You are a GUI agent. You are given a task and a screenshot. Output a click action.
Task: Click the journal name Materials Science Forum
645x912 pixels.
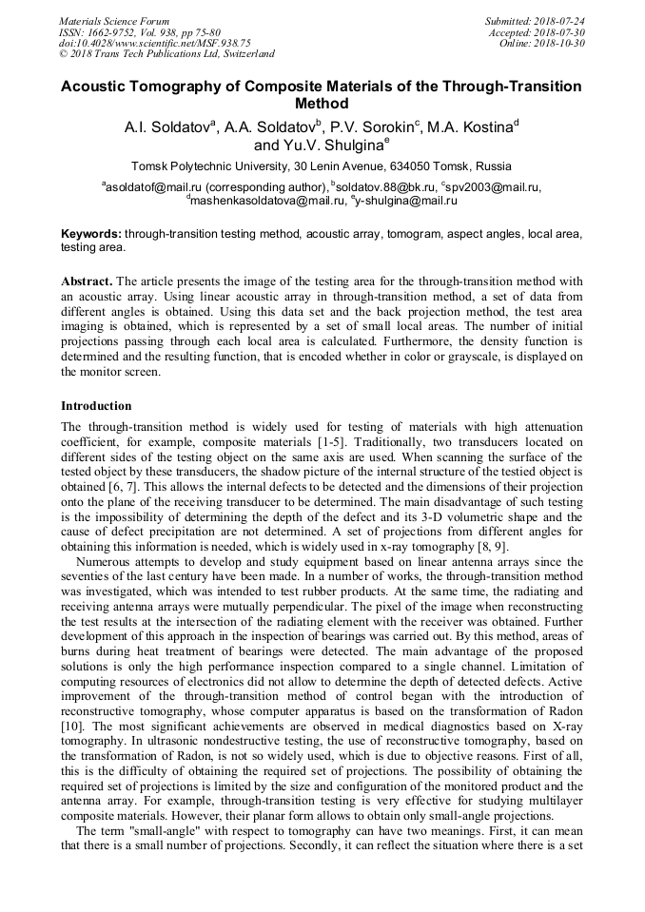pyautogui.click(x=114, y=20)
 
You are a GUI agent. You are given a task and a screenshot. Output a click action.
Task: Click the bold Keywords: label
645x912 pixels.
pyautogui.click(x=91, y=233)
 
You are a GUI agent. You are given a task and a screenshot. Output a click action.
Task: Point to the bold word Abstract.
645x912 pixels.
pyautogui.click(x=87, y=281)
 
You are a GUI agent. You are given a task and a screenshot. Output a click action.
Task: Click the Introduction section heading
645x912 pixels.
pyautogui.click(x=96, y=406)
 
